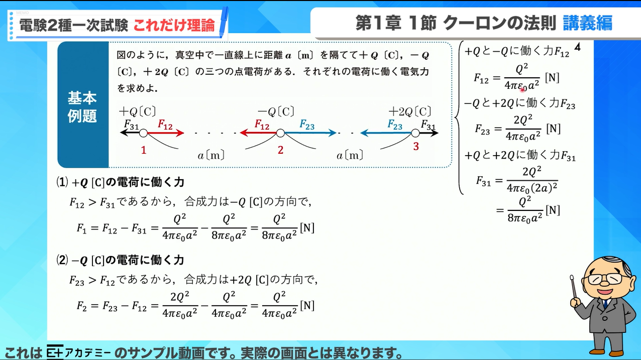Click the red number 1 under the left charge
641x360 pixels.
tap(144, 150)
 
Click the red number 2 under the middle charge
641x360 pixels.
tap(280, 150)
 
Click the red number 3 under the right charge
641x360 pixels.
tap(415, 146)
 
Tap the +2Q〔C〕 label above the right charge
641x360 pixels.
tap(410, 111)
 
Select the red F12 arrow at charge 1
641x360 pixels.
tap(166, 133)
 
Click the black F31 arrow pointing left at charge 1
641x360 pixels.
tap(130, 133)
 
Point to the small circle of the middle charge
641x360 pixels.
tap(280, 133)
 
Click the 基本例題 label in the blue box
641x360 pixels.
tap(82, 107)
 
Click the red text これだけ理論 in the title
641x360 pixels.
tap(174, 25)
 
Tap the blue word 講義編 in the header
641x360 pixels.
tap(587, 23)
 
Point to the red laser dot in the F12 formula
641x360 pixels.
tap(522, 89)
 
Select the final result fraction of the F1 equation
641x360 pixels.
tap(279, 227)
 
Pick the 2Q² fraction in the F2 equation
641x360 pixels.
tap(180, 305)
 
